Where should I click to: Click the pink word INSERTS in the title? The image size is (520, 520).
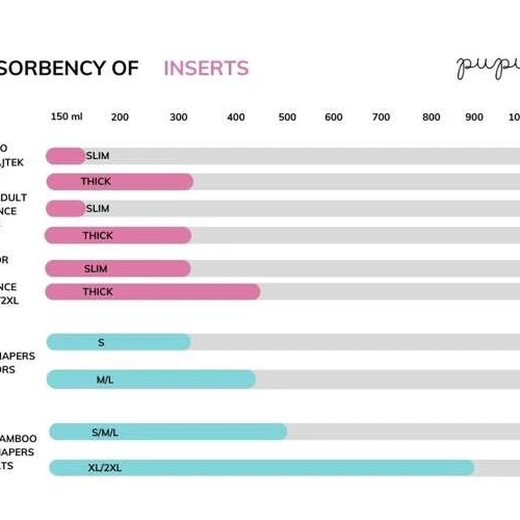point(206,68)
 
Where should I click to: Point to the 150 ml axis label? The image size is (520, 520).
point(67,116)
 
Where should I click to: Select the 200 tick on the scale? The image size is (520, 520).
point(120,117)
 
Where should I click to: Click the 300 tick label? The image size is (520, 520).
point(178,117)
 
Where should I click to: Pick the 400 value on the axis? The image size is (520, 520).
point(236,117)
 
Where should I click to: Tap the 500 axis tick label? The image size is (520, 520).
point(287,117)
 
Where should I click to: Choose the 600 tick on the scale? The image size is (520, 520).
point(333,117)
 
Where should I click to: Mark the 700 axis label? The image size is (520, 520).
point(381,117)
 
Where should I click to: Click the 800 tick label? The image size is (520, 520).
point(431,117)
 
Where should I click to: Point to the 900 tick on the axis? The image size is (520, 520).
point(474,117)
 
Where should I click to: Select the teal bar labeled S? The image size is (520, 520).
point(119,342)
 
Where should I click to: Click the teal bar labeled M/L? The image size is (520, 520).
point(151,380)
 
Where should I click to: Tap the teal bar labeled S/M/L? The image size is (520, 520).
point(167,432)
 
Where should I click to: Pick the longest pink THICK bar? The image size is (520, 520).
point(152,292)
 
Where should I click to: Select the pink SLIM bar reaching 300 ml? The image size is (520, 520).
point(118,268)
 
